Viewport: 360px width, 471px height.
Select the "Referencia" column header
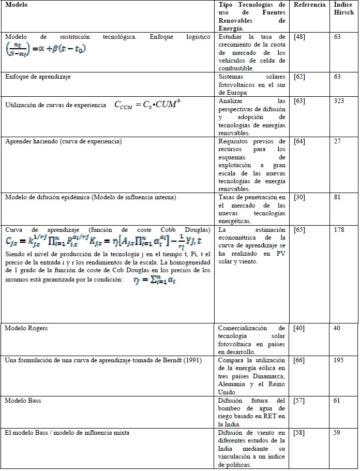[309, 5]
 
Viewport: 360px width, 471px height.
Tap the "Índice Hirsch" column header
[344, 8]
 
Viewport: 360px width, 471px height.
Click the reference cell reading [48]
[299, 38]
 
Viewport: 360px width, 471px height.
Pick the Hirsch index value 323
[339, 101]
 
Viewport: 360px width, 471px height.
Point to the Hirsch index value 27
[337, 141]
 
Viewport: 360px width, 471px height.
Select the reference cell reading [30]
[299, 197]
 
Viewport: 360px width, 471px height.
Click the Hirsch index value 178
[339, 229]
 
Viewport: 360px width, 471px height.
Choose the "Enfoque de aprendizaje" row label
[38, 77]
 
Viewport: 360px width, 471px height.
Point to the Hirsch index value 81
[337, 197]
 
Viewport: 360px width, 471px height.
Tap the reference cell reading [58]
[299, 432]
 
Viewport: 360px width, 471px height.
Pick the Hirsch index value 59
[337, 432]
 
